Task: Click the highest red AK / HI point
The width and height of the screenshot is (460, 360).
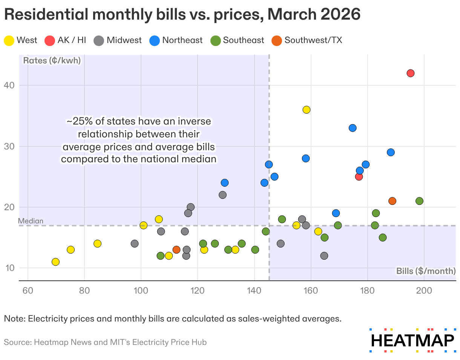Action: point(411,73)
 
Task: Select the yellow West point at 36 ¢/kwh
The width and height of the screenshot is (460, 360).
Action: point(306,110)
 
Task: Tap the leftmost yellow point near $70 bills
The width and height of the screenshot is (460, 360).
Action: point(55,262)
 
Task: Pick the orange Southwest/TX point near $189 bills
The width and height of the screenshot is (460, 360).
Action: point(392,201)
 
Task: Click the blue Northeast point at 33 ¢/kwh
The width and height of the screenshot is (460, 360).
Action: point(353,128)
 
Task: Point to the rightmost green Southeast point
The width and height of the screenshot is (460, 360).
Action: point(419,201)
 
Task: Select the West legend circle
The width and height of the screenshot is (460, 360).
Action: point(9,40)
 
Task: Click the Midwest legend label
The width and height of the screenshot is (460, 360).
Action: point(124,40)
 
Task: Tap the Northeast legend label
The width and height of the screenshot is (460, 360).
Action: point(182,40)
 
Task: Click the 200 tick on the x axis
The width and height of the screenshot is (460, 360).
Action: point(424,291)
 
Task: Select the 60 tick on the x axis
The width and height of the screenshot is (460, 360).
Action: point(28,291)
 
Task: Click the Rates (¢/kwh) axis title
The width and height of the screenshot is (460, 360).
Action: point(52,60)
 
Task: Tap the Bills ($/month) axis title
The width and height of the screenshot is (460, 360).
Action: point(426,271)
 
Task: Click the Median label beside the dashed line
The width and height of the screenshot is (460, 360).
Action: point(31,221)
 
